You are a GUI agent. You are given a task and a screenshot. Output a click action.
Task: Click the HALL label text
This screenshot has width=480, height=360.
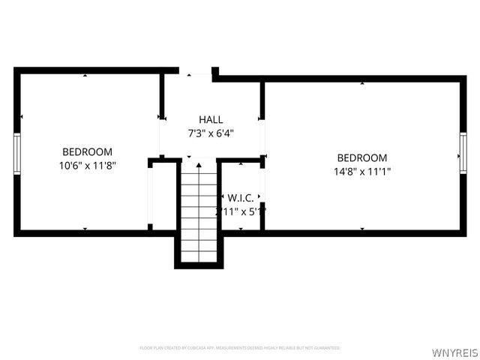pyautogui.click(x=210, y=120)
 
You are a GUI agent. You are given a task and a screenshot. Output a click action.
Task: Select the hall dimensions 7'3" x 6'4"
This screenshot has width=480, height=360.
pyautogui.click(x=210, y=133)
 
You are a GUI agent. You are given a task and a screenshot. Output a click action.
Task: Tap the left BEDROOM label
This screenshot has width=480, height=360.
pyautogui.click(x=87, y=151)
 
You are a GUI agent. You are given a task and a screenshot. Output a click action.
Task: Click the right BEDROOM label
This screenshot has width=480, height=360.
pyautogui.click(x=362, y=157)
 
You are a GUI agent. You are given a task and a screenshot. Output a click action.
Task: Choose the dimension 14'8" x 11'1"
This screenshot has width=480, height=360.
pyautogui.click(x=362, y=171)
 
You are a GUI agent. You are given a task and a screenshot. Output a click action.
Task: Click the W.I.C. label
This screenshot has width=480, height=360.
pyautogui.click(x=241, y=197)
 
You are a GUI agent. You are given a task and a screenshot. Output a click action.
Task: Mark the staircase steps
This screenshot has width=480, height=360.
pyautogui.click(x=199, y=214)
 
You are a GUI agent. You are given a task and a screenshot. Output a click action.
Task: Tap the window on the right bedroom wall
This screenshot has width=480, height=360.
pyautogui.click(x=463, y=154)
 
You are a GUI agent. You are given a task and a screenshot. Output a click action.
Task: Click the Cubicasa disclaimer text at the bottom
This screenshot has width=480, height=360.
pyautogui.click(x=240, y=348)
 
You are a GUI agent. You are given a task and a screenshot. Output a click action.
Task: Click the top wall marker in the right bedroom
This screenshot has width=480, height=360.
pyautogui.click(x=362, y=82)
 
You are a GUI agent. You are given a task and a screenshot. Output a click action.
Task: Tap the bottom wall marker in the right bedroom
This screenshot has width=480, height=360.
pyautogui.click(x=362, y=229)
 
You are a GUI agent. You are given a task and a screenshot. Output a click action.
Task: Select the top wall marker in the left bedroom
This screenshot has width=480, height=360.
pyautogui.click(x=85, y=75)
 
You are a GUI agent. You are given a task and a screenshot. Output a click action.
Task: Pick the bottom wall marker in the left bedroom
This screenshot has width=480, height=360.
pyautogui.click(x=85, y=229)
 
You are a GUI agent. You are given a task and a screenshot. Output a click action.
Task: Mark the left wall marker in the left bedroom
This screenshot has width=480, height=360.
pyautogui.click(x=22, y=116)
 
